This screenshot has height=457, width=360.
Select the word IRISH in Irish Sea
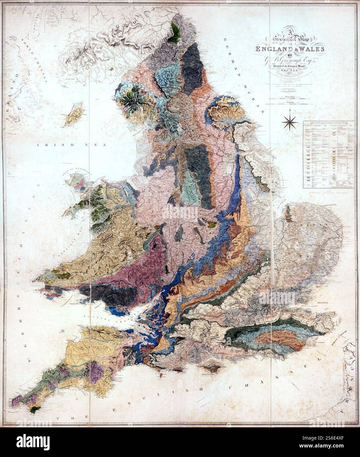point(48,145)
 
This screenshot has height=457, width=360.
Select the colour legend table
point(329,155)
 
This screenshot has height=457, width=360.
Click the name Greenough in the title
point(286,60)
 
